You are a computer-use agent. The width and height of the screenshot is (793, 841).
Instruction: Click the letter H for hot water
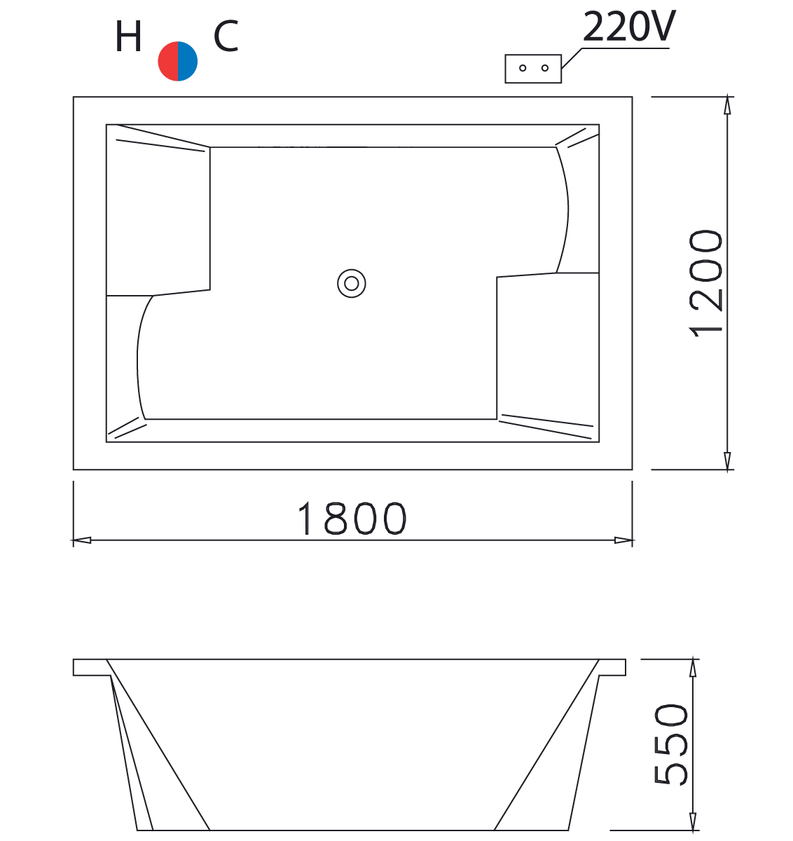point(128,38)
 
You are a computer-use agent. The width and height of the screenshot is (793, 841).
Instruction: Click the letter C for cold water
point(226,37)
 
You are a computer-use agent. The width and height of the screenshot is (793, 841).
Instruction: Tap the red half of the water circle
point(168,62)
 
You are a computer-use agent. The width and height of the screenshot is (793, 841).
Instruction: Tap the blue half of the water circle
point(188,62)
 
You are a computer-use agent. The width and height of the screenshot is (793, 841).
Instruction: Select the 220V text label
point(628,27)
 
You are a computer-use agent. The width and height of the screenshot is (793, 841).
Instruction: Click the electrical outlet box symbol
point(533,69)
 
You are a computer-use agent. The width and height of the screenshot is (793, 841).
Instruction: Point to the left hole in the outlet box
point(523,68)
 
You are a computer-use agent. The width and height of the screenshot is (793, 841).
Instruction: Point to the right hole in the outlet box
point(544,68)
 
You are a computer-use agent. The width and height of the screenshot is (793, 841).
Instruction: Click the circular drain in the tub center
point(352,283)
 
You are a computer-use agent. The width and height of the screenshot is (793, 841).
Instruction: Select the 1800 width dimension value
point(352,519)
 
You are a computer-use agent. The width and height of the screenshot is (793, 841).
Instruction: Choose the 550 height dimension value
point(670,744)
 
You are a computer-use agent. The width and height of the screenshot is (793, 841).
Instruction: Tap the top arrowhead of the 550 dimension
point(693,667)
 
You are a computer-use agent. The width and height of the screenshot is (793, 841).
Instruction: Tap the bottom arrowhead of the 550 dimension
point(693,822)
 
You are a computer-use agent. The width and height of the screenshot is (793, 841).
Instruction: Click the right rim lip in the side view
point(612,667)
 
